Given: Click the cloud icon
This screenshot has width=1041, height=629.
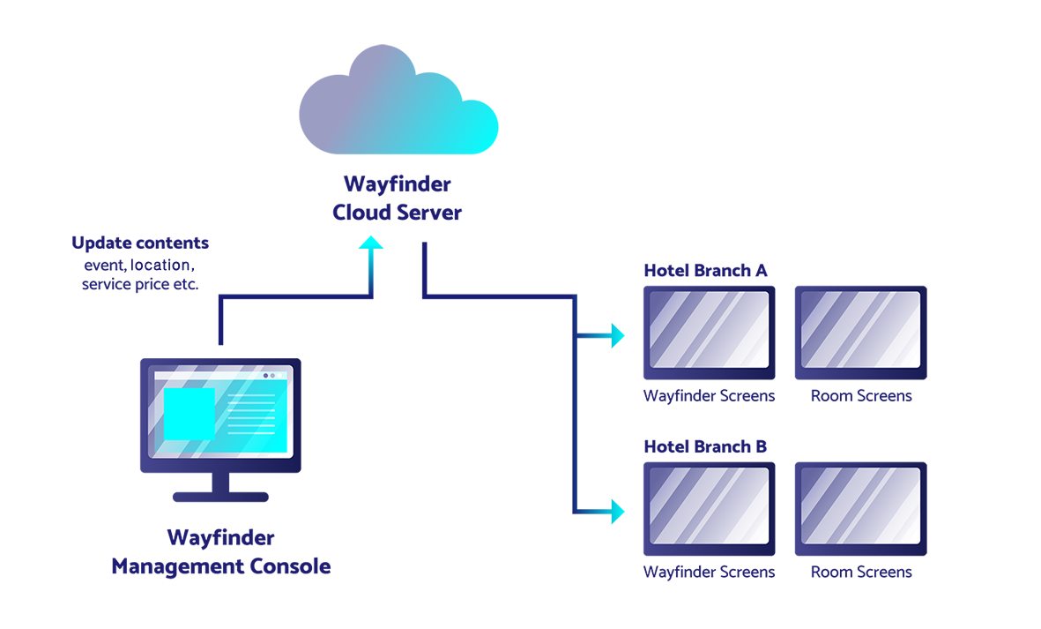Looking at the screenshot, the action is point(398,100).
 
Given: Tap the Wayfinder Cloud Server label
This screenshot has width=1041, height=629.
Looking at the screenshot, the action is point(397,198).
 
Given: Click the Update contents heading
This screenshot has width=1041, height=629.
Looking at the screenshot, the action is point(140,243).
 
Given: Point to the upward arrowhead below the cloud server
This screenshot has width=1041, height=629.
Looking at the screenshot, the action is point(371,243).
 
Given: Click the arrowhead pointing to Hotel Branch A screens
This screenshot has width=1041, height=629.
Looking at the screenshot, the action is point(618,335).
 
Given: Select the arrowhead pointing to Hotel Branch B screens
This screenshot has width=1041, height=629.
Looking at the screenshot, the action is point(618,512).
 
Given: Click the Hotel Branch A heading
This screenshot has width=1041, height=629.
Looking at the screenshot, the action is point(705,271).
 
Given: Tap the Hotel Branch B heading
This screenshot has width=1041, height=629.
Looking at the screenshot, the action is point(705,447).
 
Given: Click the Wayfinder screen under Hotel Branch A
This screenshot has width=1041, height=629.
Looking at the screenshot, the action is point(709,333).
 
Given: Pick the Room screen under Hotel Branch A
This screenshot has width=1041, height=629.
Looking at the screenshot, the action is point(860,333).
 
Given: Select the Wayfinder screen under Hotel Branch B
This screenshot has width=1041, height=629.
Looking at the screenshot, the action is point(709,509).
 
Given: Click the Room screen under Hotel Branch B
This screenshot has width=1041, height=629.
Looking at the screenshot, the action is point(860,509).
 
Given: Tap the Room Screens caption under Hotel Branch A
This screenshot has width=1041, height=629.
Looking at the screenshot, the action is point(861,396).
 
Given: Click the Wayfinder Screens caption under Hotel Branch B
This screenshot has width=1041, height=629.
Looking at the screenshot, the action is point(709,572).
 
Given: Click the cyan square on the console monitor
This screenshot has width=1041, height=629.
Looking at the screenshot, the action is point(190,414).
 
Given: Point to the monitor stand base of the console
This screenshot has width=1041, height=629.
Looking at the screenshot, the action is point(220,497).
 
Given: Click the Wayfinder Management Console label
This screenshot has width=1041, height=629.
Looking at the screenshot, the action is point(221,552).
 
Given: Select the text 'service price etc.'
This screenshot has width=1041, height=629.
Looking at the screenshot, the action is point(140,285).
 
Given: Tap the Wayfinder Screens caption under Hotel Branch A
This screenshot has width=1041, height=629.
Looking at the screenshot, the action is point(709,396).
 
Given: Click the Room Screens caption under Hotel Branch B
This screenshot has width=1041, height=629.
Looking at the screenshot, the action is point(861,572).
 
